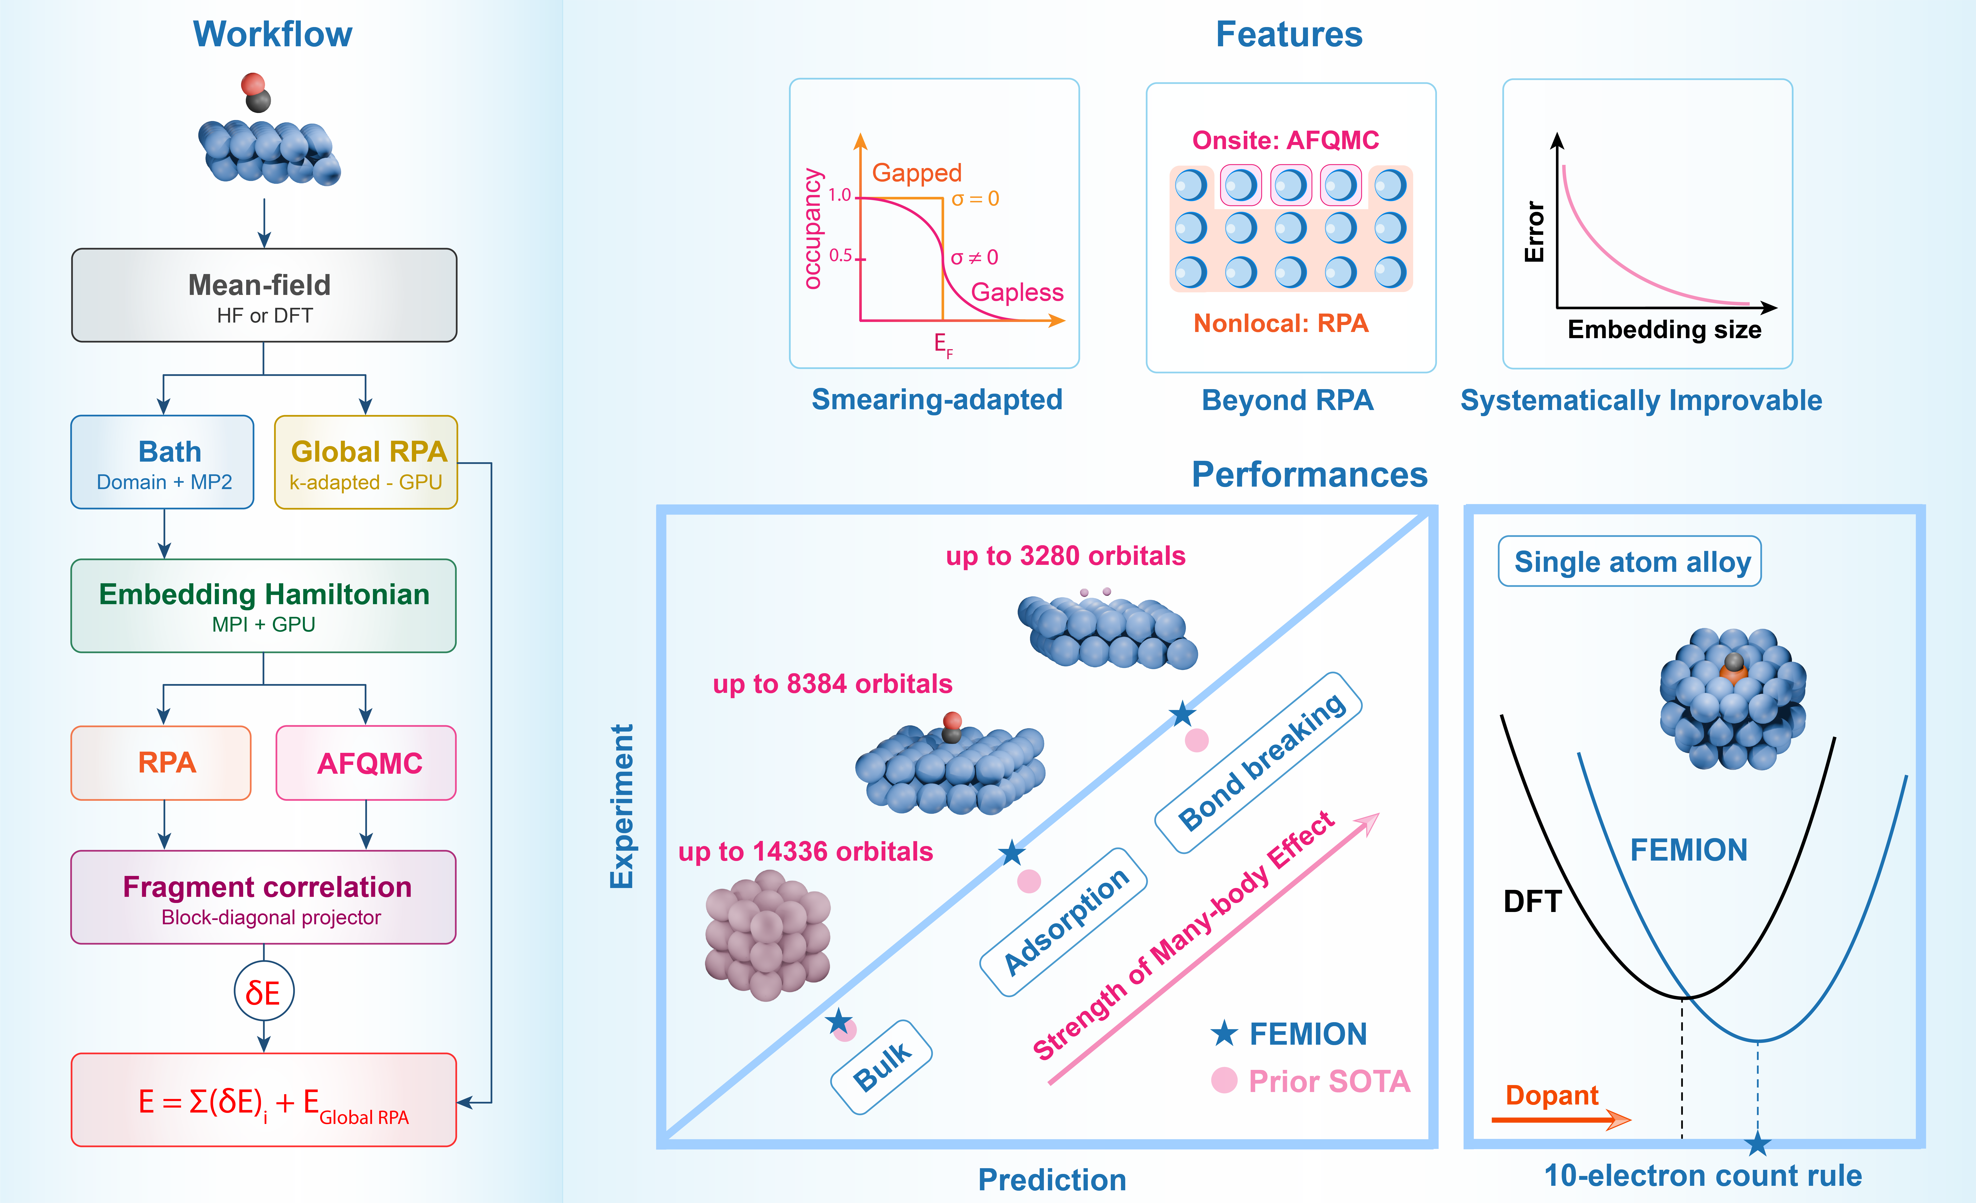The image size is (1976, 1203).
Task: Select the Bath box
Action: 163,462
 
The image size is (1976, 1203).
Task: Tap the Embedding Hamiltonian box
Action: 264,606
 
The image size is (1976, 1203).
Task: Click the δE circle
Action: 264,992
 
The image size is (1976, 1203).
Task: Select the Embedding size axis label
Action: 1664,330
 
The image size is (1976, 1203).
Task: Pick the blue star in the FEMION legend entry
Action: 1224,1034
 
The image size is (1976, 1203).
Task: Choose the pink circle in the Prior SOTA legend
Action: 1224,1080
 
